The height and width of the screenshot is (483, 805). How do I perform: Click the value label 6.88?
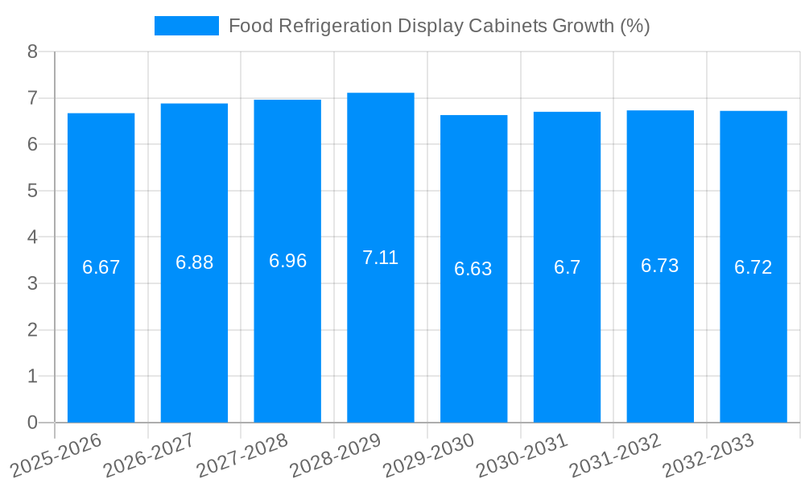tap(194, 262)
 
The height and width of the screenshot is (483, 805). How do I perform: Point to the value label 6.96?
tap(287, 261)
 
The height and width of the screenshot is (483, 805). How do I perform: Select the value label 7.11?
tap(381, 258)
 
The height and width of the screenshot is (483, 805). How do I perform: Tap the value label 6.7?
tap(567, 267)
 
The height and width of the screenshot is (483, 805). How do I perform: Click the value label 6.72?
tap(753, 267)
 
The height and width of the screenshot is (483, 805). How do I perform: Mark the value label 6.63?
tap(473, 269)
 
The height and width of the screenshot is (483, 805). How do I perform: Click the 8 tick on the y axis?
tap(32, 52)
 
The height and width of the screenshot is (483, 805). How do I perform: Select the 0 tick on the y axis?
tap(32, 423)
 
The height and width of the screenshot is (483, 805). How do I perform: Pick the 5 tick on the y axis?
tap(32, 191)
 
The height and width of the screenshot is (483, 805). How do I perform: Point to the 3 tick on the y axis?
tap(32, 283)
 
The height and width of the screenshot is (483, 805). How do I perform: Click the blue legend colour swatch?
tap(186, 26)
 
